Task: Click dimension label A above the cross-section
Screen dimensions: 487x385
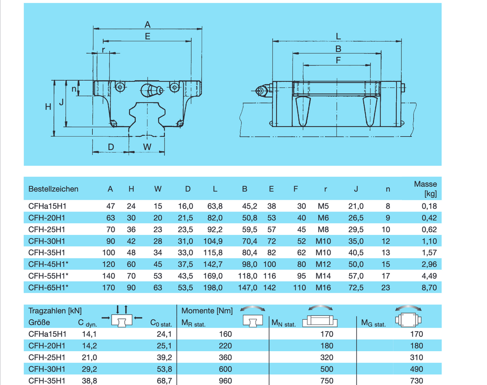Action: (147, 24)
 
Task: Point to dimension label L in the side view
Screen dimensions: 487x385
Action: (338, 36)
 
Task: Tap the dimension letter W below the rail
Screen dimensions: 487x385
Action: (147, 147)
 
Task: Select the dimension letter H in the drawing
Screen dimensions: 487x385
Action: (48, 107)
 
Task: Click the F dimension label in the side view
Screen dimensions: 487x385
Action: (338, 60)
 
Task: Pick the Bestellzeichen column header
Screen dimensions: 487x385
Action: (53, 189)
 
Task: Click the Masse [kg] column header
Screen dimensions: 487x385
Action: (425, 189)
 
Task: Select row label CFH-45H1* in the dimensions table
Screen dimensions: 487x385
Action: (48, 264)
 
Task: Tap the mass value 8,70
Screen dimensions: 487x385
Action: (429, 288)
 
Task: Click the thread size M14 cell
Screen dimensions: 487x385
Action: (323, 276)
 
